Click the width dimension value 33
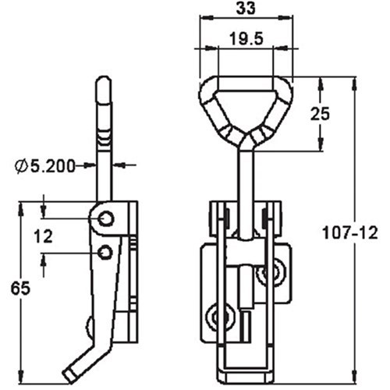tap(246, 10)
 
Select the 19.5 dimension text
tap(246, 37)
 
